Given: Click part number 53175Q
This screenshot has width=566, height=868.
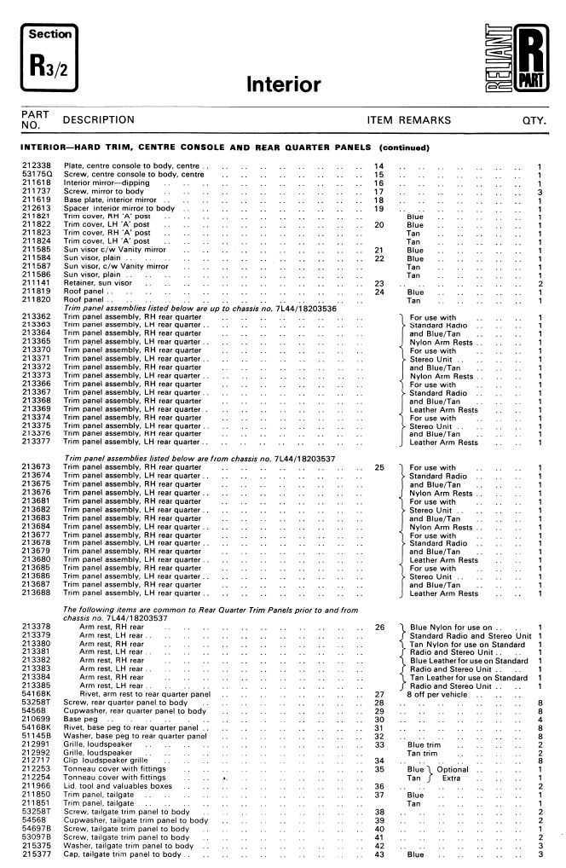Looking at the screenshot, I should pyautogui.click(x=37, y=174).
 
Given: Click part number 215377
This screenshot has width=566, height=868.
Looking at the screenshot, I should pyautogui.click(x=37, y=854).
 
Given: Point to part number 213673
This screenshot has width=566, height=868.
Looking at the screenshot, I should pyautogui.click(x=37, y=467).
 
